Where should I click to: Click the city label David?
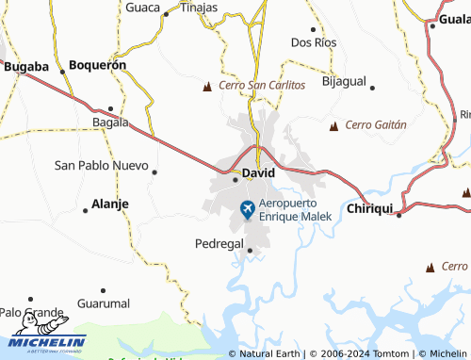click(258, 173)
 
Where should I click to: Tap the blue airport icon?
click(248, 209)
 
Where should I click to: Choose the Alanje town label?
click(110, 204)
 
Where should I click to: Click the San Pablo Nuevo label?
click(101, 165)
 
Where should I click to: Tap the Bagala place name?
click(110, 123)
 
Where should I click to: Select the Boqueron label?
click(98, 66)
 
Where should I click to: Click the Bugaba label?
click(26, 67)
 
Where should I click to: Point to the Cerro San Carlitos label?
click(262, 85)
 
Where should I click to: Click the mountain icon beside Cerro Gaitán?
click(333, 124)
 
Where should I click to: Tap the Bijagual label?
click(344, 81)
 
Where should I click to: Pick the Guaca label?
click(142, 7)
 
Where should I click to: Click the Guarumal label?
click(104, 303)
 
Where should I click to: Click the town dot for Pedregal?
click(250, 251)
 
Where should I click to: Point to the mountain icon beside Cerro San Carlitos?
click(208, 87)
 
